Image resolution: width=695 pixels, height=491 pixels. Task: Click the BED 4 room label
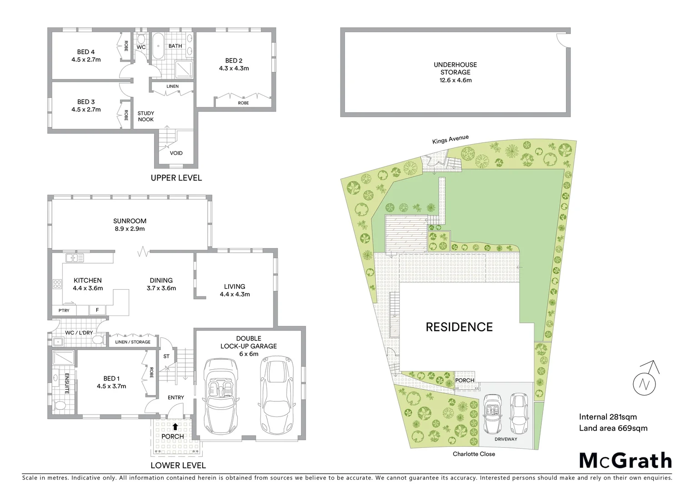tap(85, 52)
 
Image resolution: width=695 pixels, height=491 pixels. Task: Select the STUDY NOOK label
tap(145, 116)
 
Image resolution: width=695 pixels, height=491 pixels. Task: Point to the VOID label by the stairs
tap(176, 153)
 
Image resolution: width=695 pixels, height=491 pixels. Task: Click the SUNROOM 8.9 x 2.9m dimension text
tap(130, 229)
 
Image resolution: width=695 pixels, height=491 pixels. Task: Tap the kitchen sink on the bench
tap(75, 258)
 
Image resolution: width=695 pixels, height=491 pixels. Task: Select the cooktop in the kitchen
tap(58, 285)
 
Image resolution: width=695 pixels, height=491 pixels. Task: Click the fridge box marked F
tap(97, 311)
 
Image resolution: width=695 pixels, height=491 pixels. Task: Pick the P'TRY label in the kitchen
tap(64, 311)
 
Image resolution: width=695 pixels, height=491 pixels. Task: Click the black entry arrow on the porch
tap(175, 426)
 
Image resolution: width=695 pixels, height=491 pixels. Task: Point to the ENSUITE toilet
tap(60, 405)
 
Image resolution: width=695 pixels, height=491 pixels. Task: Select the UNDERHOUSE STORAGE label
tap(455, 68)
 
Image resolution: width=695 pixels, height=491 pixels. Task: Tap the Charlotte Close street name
tap(474, 454)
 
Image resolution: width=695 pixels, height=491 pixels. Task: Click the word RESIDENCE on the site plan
tap(459, 327)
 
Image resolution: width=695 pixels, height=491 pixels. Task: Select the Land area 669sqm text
tap(613, 428)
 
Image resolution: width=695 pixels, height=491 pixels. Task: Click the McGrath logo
tap(625, 461)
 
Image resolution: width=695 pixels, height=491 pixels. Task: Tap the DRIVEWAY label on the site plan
tap(506, 439)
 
